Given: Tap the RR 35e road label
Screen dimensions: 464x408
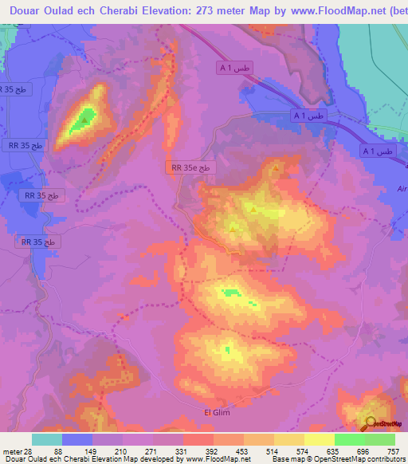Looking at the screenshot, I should pos(191,167).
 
